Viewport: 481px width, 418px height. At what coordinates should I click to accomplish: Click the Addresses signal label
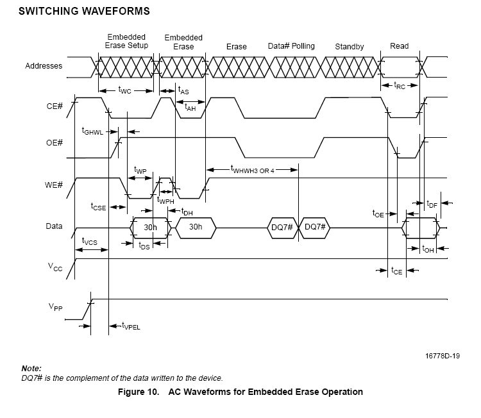pyautogui.click(x=44, y=66)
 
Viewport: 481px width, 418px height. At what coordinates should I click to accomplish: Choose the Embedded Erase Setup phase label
pyautogui.click(x=126, y=41)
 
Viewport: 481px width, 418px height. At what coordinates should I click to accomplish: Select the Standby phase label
pyautogui.click(x=349, y=47)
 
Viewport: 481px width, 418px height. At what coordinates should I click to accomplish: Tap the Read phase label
pyautogui.click(x=399, y=46)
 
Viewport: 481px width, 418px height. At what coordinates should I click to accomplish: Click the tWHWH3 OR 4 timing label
pyautogui.click(x=252, y=170)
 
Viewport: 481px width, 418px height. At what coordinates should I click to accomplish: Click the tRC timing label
pyautogui.click(x=399, y=85)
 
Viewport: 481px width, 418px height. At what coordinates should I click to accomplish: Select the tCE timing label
pyautogui.click(x=397, y=271)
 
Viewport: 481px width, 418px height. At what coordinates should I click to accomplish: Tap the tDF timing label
pyautogui.click(x=432, y=204)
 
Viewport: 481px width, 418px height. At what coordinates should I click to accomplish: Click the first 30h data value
pyautogui.click(x=151, y=227)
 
